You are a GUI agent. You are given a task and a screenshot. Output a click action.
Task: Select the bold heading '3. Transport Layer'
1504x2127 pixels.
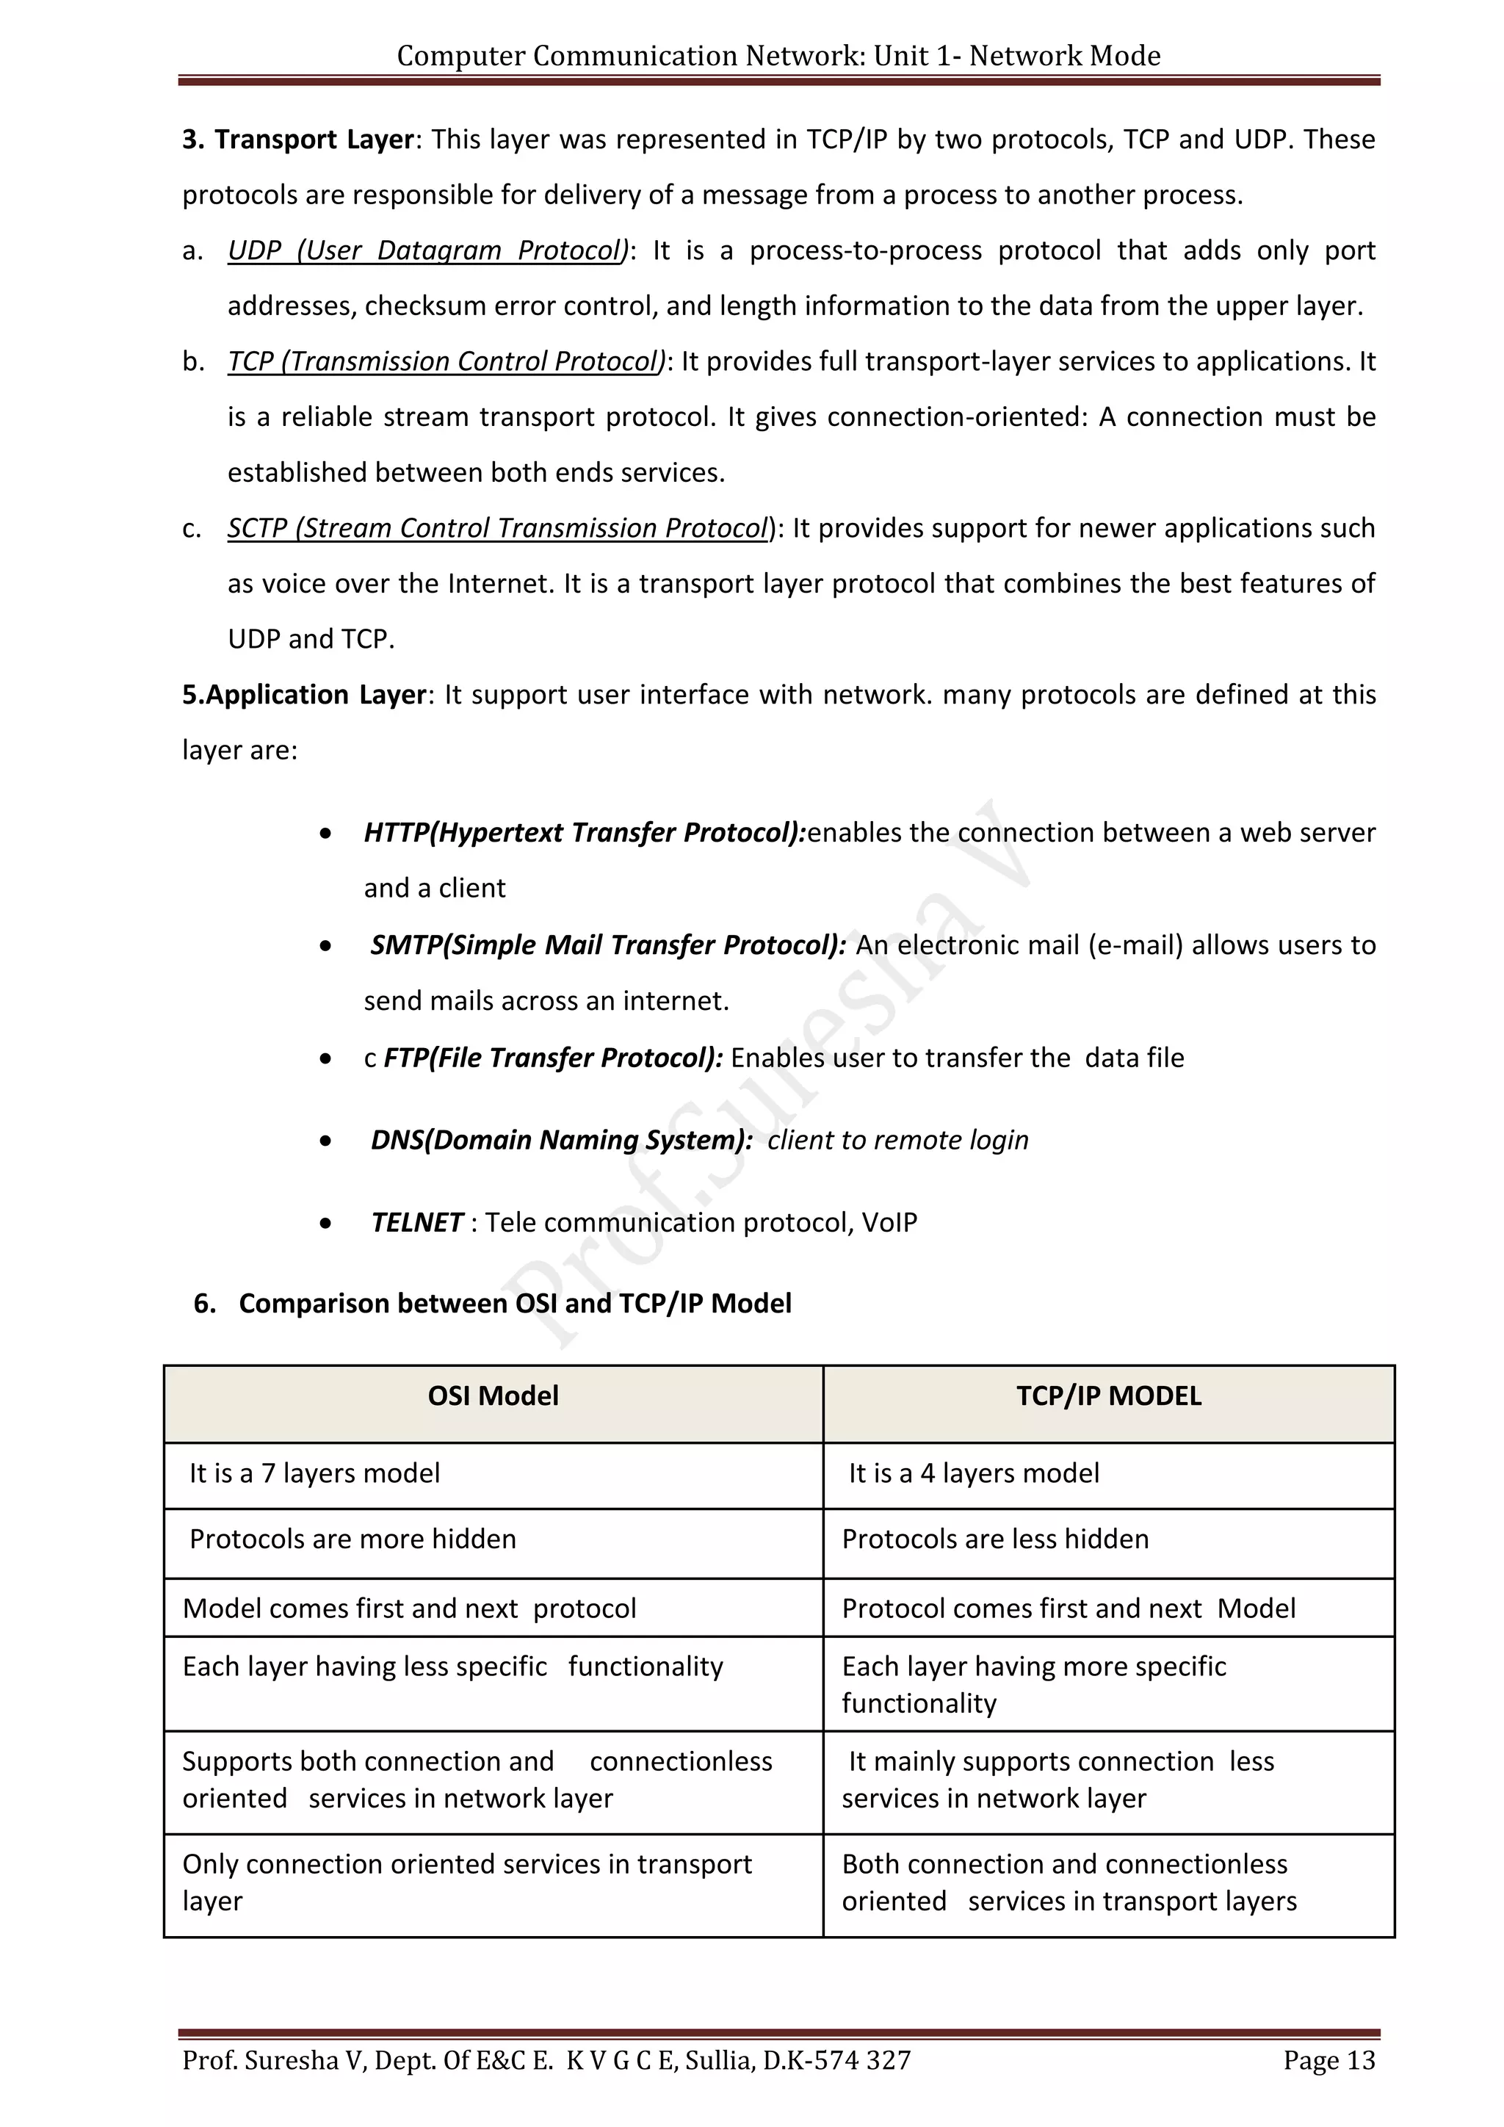point(297,139)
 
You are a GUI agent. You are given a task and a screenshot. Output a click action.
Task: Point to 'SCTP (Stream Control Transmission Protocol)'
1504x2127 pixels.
point(498,528)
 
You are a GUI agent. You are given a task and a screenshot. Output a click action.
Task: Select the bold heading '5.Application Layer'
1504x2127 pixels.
point(304,695)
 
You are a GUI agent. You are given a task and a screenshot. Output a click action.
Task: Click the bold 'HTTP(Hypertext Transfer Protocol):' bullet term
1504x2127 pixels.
point(585,833)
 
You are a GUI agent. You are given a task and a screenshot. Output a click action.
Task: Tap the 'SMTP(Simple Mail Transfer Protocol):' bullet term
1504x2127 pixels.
point(607,945)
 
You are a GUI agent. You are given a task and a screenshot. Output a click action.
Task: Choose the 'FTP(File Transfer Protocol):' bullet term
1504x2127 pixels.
point(553,1058)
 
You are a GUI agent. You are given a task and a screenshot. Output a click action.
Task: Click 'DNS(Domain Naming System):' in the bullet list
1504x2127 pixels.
point(561,1141)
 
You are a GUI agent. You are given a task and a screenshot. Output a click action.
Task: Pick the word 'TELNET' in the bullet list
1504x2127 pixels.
point(416,1223)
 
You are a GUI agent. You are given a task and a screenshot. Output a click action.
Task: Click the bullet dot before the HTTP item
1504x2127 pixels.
point(325,834)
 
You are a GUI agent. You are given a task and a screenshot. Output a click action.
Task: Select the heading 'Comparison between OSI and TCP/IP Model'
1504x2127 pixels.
point(515,1304)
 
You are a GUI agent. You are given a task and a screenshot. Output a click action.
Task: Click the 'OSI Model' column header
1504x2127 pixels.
point(493,1396)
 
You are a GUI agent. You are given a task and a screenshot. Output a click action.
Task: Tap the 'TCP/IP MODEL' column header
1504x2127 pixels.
point(1109,1396)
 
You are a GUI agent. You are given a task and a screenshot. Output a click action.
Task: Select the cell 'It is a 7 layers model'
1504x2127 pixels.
point(314,1474)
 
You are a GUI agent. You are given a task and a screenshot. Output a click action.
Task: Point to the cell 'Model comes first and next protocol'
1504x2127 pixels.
point(409,1609)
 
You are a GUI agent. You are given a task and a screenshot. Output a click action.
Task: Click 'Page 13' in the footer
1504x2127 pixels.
point(1329,2060)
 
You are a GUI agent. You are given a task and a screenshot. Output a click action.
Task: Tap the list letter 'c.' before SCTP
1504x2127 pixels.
point(192,529)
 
